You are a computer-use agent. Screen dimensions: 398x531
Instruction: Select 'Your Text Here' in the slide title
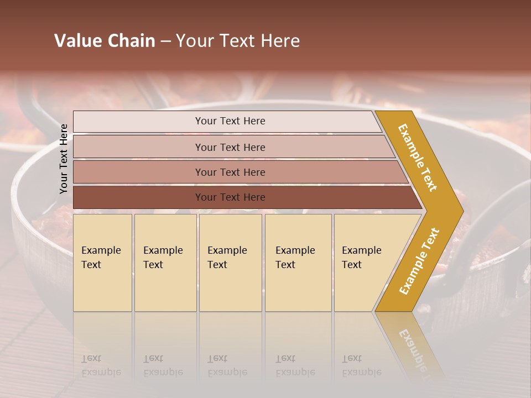pyautogui.click(x=238, y=40)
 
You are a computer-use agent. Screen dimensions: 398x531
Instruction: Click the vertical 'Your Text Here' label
pyautogui.click(x=64, y=159)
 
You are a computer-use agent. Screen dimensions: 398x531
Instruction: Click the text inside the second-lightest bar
pyautogui.click(x=230, y=147)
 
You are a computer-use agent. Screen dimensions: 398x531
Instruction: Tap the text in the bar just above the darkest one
pyautogui.click(x=230, y=172)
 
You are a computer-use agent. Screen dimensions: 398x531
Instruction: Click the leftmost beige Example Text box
pyautogui.click(x=102, y=263)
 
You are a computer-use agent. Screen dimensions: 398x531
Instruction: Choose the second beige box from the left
pyautogui.click(x=165, y=263)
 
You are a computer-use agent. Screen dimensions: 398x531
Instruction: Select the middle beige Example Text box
pyautogui.click(x=230, y=263)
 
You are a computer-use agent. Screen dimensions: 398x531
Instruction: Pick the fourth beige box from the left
pyautogui.click(x=298, y=263)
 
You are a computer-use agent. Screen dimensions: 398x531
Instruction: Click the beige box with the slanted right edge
pyautogui.click(x=365, y=263)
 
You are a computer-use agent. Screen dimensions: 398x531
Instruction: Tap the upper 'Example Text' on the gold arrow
pyautogui.click(x=418, y=158)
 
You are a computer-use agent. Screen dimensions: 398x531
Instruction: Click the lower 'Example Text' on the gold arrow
pyautogui.click(x=419, y=261)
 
